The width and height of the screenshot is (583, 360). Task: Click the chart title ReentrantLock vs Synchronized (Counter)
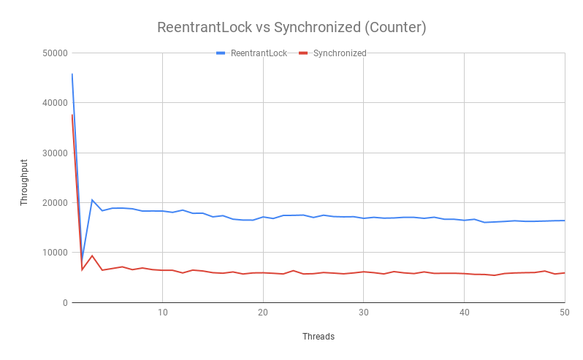point(291,28)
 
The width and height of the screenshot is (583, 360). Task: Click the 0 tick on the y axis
point(64,302)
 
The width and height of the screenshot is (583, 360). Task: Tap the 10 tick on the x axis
point(162,313)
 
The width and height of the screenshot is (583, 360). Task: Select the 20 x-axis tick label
point(262,313)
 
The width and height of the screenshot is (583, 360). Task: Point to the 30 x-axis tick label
point(363,313)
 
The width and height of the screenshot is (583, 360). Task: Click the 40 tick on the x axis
point(464,313)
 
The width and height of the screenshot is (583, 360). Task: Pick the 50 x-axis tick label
point(564,313)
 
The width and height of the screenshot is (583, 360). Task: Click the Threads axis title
point(319,337)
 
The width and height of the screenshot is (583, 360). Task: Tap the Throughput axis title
point(24,182)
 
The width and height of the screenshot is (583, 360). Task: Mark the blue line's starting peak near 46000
point(72,74)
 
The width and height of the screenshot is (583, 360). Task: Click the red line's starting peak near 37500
point(72,115)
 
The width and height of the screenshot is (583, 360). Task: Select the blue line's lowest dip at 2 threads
point(82,261)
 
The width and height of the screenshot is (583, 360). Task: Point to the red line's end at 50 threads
point(565,273)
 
